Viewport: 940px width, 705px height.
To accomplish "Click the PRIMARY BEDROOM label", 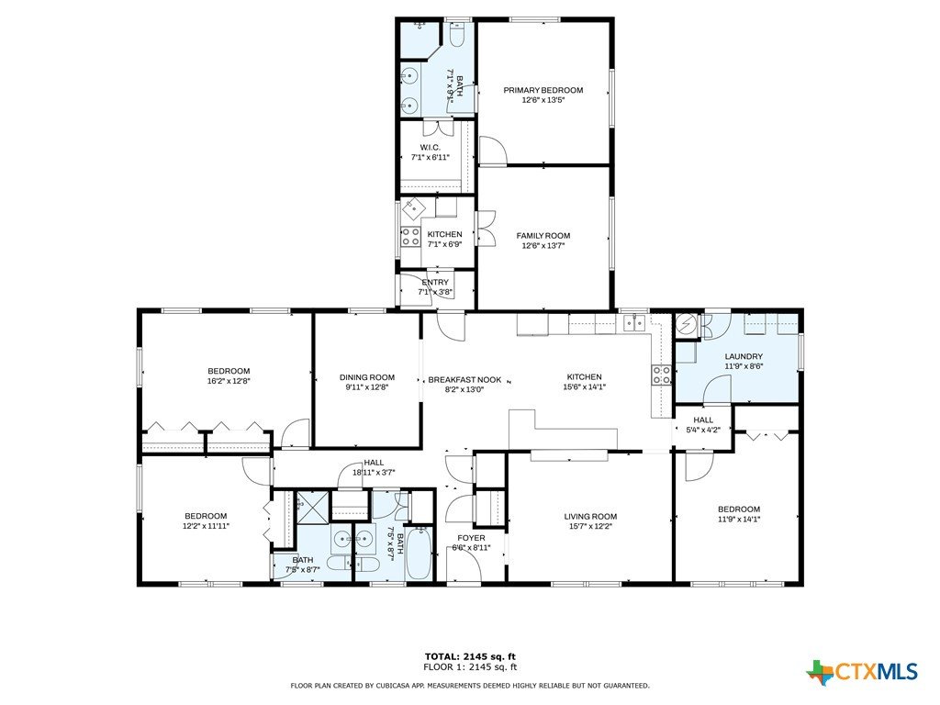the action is click(x=543, y=91).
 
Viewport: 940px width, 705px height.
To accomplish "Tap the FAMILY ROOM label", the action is click(x=543, y=236).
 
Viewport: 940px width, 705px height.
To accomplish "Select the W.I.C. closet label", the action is click(x=430, y=148).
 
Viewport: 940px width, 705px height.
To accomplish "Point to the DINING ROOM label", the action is click(x=367, y=377).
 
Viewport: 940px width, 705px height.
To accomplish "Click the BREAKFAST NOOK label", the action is click(x=464, y=380).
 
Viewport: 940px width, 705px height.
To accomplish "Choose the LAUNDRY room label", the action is click(x=744, y=356).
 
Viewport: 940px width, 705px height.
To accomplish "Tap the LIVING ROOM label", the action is click(x=590, y=516).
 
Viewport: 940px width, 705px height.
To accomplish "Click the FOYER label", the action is click(x=471, y=538).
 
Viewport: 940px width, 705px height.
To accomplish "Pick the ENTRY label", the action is click(x=435, y=283).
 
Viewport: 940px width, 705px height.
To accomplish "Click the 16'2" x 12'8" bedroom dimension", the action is click(x=229, y=381).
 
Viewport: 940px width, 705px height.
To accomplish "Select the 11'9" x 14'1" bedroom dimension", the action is click(x=739, y=520).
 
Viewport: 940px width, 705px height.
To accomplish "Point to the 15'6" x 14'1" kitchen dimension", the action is click(x=585, y=386).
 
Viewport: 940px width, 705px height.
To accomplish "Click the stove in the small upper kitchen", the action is click(x=410, y=236).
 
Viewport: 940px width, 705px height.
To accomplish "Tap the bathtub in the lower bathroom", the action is click(x=419, y=552).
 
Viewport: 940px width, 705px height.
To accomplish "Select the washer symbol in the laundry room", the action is click(x=685, y=324).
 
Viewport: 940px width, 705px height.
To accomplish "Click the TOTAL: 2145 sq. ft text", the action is click(x=470, y=656).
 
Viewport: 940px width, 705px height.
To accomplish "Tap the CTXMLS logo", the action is click(x=862, y=671).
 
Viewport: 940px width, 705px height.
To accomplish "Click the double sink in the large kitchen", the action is click(x=633, y=323).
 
